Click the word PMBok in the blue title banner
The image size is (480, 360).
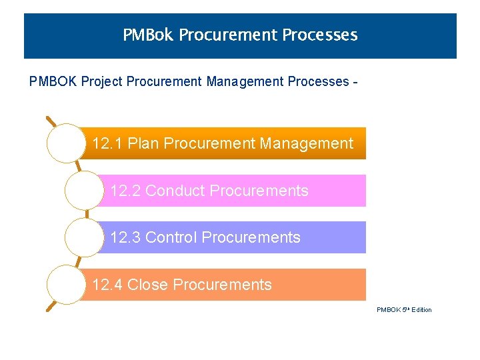[x=148, y=35]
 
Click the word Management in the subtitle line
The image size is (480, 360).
[x=245, y=82]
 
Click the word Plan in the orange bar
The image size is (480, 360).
[x=143, y=143]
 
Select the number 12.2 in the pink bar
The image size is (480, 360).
[x=125, y=191]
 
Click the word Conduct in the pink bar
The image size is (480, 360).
[x=170, y=191]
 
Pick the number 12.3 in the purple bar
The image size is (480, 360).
[x=125, y=237]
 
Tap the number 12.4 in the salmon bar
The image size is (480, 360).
[x=107, y=285]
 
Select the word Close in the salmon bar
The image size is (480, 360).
[x=147, y=285]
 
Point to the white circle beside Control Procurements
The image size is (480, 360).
[x=84, y=237]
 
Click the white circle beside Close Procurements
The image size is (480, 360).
[x=66, y=285]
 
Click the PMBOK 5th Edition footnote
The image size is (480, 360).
[x=404, y=309]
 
